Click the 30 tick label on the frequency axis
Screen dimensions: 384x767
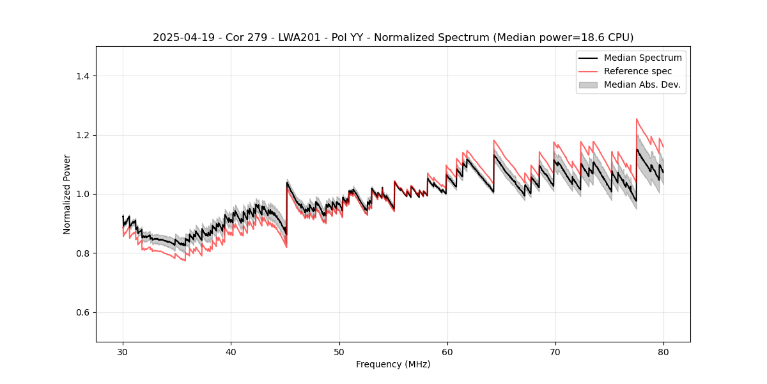123,351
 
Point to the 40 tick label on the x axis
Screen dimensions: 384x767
231,351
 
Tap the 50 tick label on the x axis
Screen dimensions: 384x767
339,351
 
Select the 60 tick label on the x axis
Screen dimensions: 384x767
447,351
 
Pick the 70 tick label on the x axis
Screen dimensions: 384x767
555,351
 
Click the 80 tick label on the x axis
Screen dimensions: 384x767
663,351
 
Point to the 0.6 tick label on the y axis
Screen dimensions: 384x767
82,312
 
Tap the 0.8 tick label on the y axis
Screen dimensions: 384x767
82,253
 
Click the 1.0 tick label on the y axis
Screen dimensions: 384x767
82,194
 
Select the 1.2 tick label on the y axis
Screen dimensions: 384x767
82,135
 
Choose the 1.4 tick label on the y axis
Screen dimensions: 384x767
82,76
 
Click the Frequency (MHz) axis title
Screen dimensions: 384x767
393,364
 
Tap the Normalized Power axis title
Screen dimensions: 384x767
67,194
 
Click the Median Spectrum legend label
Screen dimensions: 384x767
642,58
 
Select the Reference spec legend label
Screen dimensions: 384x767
638,71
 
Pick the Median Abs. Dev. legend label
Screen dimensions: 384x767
642,84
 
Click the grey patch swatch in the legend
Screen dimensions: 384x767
588,84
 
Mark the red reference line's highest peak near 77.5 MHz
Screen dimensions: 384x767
637,119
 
